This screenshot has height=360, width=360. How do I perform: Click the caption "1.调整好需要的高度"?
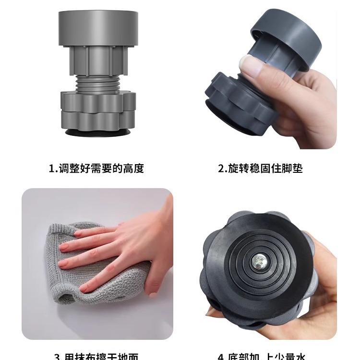point(96,168)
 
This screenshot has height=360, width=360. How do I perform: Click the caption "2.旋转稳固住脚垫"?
point(261,168)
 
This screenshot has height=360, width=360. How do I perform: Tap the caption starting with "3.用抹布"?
point(96,356)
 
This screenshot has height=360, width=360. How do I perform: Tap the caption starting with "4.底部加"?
point(261,356)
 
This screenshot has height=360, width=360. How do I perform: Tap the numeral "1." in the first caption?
point(53,168)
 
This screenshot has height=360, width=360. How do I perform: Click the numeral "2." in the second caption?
point(222,168)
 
